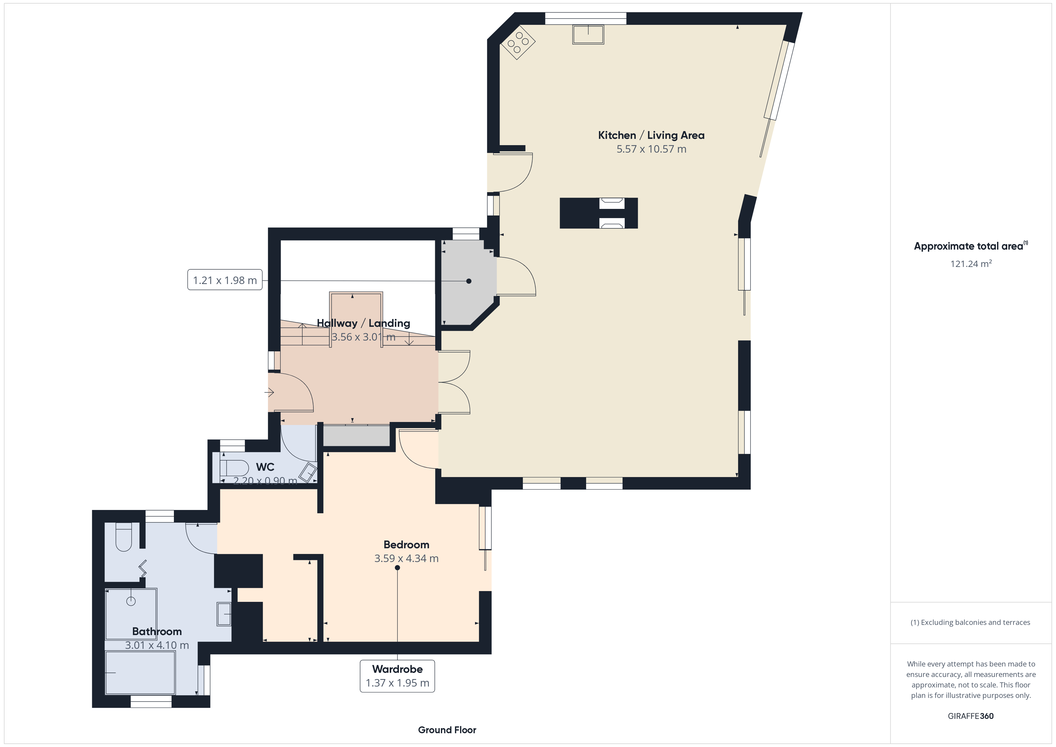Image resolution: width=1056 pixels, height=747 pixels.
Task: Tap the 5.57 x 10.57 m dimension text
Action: [x=651, y=149]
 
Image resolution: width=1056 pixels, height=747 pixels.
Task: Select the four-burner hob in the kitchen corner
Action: [x=518, y=42]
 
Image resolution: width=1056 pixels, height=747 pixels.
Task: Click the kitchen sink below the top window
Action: [x=588, y=34]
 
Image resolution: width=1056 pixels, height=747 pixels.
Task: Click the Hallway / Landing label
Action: [x=363, y=323]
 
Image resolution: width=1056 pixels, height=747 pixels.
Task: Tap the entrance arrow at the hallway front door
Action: [x=269, y=392]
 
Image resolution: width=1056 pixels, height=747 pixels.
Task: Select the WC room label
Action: [x=265, y=467]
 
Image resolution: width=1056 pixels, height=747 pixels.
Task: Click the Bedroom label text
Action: [x=406, y=545]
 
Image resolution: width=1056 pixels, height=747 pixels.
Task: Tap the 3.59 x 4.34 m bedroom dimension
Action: [x=406, y=558]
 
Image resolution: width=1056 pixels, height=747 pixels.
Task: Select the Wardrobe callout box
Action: [x=397, y=676]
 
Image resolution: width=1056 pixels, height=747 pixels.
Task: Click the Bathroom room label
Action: [x=157, y=631]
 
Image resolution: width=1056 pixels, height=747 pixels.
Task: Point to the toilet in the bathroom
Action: [x=123, y=537]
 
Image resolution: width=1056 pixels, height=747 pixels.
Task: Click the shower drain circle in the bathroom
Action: [x=131, y=601]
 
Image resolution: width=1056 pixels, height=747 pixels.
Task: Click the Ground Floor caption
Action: [x=447, y=730]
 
